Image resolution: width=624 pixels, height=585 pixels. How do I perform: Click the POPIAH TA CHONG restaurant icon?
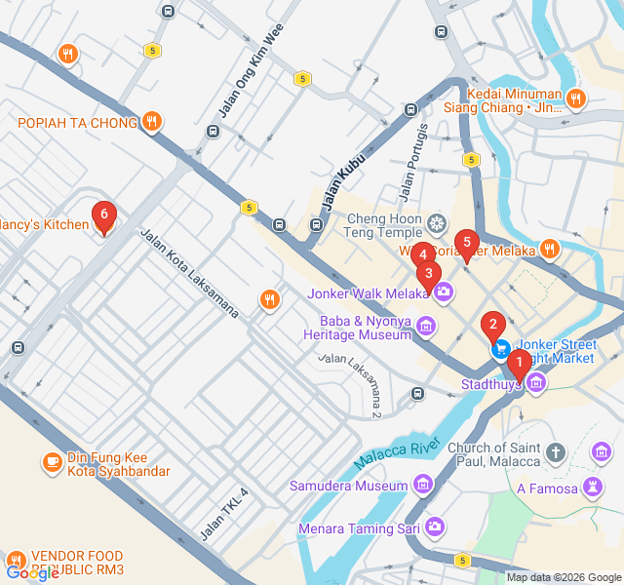click(151, 122)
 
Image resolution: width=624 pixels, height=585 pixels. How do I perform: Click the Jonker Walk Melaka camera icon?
click(445, 292)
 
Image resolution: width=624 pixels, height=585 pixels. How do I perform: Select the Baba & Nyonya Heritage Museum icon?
click(426, 326)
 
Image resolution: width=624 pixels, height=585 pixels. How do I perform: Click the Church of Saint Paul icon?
click(556, 451)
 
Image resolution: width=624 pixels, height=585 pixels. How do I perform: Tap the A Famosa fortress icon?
click(592, 487)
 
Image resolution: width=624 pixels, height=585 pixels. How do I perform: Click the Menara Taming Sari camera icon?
click(435, 527)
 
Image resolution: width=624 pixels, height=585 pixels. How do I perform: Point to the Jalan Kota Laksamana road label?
click(189, 274)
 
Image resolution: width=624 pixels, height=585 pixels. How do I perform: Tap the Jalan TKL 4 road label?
click(225, 514)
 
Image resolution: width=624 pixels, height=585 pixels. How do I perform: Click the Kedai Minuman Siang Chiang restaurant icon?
click(576, 98)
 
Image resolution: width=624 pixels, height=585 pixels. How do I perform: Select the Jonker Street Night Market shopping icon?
click(500, 348)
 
